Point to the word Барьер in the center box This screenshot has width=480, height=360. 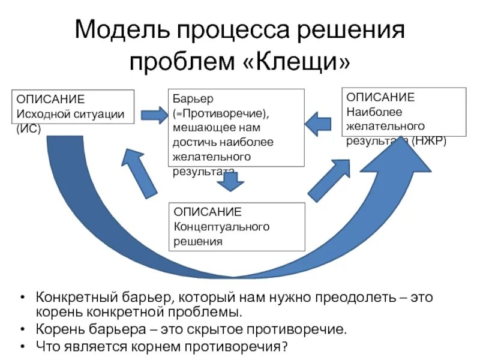coord(190,97)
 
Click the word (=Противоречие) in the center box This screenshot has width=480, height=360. coord(223,112)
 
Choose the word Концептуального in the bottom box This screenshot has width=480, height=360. coord(221,227)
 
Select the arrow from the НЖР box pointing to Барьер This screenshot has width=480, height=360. coord(318,124)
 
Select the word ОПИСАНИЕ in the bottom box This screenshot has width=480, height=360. coord(208,212)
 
